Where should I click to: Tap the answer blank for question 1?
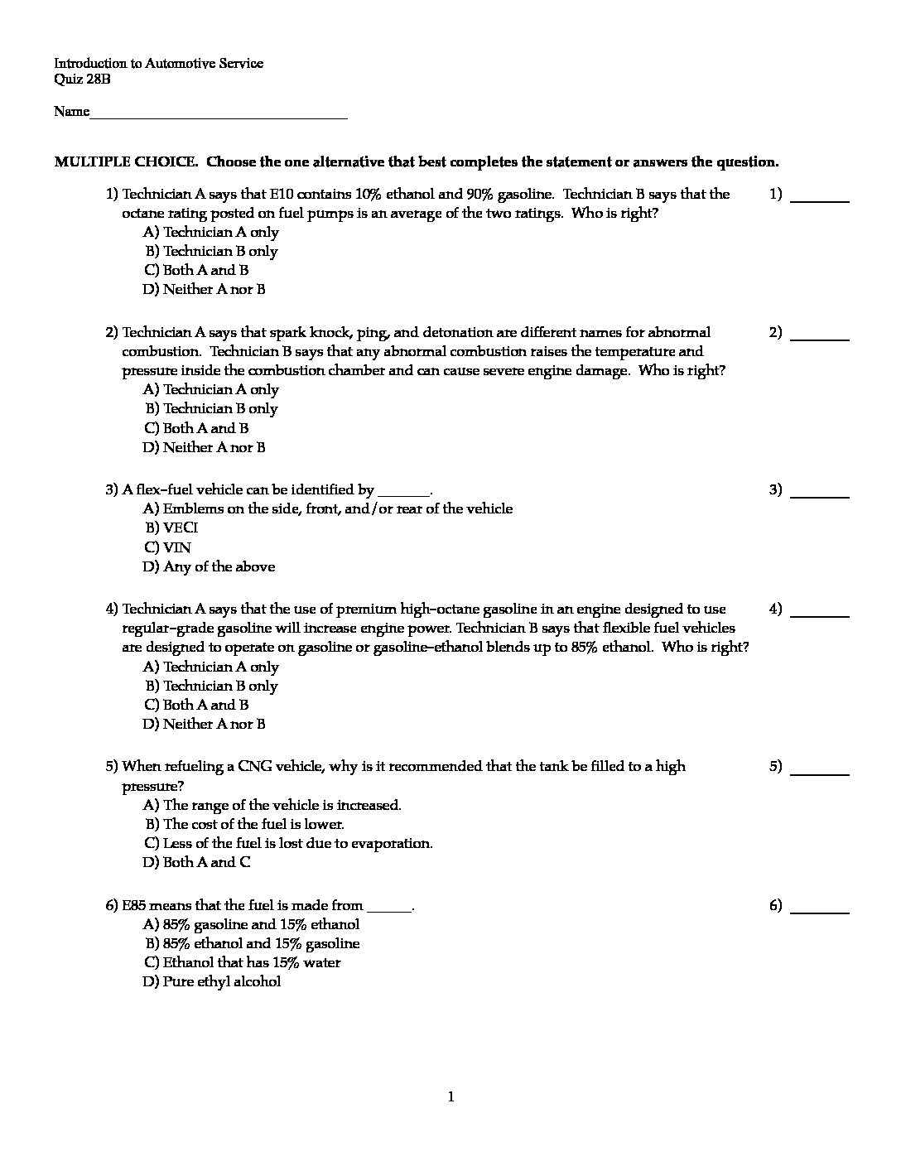point(820,199)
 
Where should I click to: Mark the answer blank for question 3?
point(820,494)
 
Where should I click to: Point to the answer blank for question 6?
point(820,910)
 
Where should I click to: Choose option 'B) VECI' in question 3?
point(172,528)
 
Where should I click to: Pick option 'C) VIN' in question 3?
point(167,547)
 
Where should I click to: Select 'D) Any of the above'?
point(209,566)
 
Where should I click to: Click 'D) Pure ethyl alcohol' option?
point(212,981)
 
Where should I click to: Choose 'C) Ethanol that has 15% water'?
point(242,962)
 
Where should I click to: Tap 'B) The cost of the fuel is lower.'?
point(244,824)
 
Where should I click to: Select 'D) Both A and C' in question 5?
point(197,862)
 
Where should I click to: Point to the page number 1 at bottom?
point(450,1097)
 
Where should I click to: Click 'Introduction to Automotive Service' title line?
point(159,63)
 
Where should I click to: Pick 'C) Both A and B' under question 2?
point(196,428)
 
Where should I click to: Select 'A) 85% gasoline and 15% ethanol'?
point(252,924)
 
